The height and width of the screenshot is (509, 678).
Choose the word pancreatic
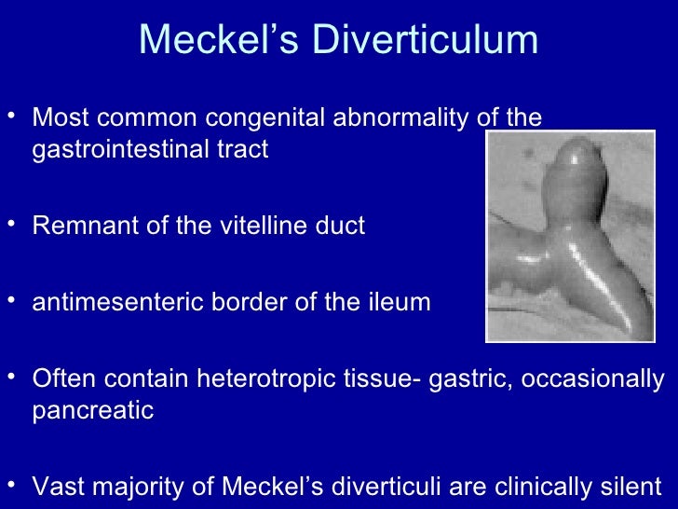click(92, 411)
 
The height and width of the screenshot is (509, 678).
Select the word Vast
click(56, 487)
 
